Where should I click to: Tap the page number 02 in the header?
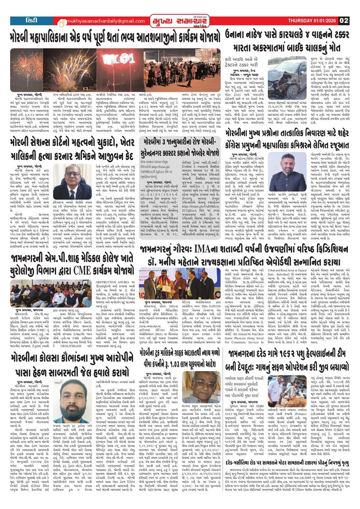344,21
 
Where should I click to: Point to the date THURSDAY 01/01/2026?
312,21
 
